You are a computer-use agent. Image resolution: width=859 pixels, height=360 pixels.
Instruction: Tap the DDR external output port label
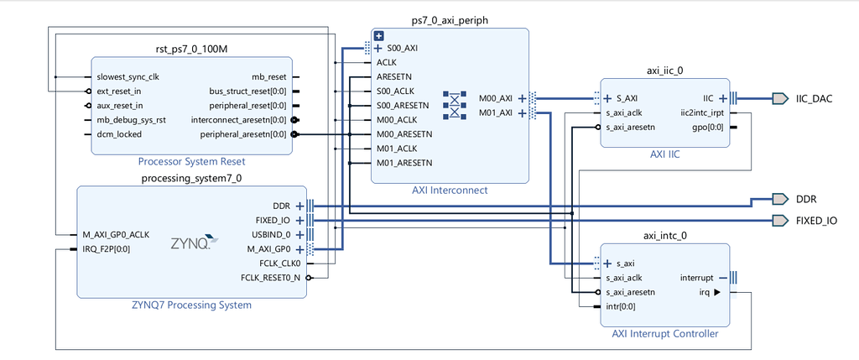coord(806,199)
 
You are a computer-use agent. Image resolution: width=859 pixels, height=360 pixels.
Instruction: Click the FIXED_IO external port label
coord(816,221)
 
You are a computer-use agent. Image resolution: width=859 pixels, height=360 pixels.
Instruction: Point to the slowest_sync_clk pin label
coord(128,76)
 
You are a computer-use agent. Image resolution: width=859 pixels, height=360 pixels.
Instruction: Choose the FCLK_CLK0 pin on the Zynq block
coord(273,263)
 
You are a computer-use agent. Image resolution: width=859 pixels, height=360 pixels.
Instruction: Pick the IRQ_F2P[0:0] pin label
coord(106,249)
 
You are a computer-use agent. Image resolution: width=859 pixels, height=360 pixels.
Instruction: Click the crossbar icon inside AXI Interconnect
coord(454,105)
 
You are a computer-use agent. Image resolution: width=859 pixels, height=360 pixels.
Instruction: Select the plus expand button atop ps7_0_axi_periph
coord(378,36)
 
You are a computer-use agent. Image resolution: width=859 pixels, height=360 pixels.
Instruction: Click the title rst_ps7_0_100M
coord(191,50)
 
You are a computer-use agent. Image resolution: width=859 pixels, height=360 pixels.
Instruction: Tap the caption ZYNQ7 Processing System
coord(190,305)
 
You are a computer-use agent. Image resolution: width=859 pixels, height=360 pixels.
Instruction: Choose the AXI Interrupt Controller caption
coord(664,334)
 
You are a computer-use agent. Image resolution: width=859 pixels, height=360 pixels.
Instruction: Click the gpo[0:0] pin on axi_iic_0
coord(710,127)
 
